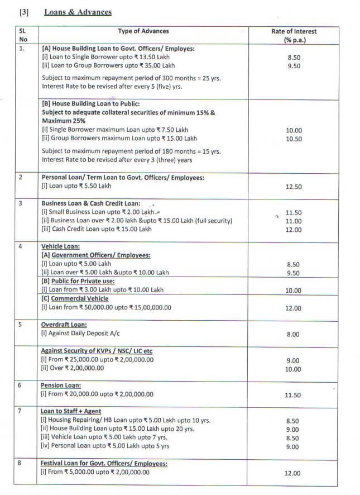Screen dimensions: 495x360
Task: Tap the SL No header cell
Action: click(23, 35)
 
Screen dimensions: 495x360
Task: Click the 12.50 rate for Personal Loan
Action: click(293, 187)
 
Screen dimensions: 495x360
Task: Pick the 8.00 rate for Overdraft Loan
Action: click(293, 334)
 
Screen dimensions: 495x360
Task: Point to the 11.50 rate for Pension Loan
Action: click(293, 395)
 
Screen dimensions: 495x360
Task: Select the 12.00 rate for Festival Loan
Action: click(293, 473)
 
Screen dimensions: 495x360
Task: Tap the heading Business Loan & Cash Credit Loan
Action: click(91, 203)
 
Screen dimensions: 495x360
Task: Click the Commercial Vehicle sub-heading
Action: click(75, 298)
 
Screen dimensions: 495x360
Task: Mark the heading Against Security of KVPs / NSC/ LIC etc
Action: click(97, 351)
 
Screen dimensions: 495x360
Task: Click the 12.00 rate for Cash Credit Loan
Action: click(293, 230)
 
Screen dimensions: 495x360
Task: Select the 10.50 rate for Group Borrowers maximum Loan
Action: click(293, 139)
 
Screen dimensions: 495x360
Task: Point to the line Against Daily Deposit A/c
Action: click(80, 333)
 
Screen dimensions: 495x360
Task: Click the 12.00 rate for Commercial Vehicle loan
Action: click(293, 308)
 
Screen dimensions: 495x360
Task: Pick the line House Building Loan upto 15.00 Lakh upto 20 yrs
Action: click(118, 429)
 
